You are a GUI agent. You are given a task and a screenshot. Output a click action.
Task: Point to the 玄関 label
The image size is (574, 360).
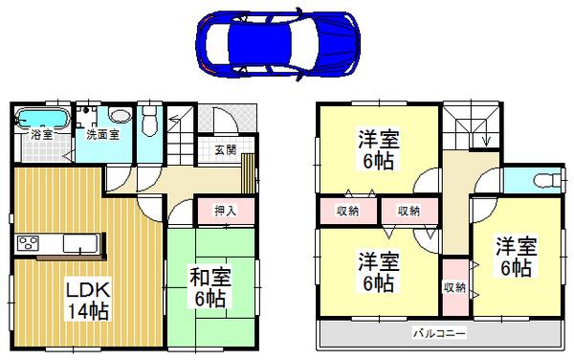click(226, 149)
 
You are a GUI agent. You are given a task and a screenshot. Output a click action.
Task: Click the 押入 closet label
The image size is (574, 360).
click(225, 209)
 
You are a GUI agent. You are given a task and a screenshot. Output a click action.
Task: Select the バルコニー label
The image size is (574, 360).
click(439, 333)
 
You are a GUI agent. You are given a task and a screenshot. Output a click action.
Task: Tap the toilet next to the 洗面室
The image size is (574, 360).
click(149, 122)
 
